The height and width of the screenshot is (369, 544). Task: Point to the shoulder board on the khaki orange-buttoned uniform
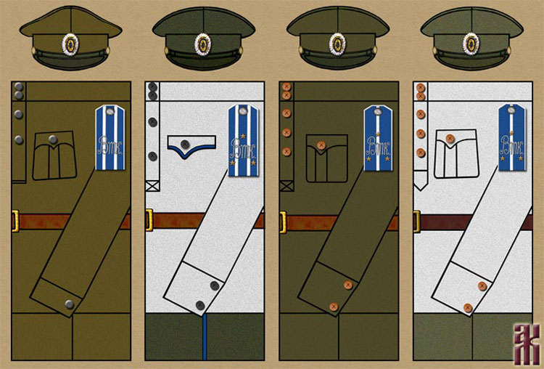(376, 138)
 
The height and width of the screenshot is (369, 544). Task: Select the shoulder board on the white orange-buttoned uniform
(511, 138)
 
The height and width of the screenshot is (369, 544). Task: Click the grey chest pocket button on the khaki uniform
(53, 139)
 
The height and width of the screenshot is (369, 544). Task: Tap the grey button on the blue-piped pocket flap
(185, 144)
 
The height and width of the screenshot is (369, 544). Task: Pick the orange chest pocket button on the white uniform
(450, 139)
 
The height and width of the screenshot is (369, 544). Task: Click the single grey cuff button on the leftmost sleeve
(69, 304)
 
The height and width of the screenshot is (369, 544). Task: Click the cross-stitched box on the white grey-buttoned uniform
(152, 186)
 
